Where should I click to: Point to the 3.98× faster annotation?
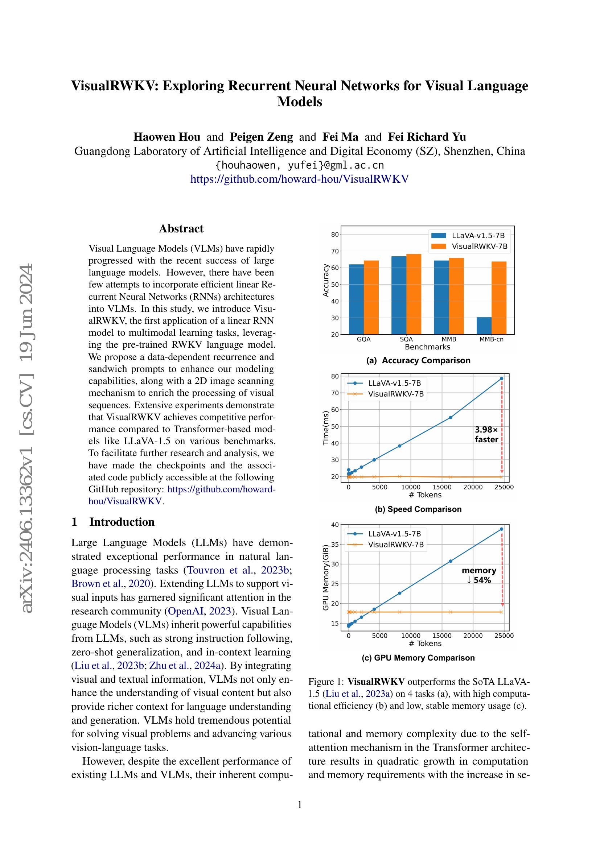coord(486,434)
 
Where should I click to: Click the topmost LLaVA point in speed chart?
coord(501,379)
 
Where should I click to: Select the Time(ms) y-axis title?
coord(325,428)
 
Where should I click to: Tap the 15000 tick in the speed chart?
coord(442,487)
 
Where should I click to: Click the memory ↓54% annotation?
coord(479,575)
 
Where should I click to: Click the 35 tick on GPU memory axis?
coord(335,545)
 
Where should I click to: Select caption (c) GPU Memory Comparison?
coord(418,658)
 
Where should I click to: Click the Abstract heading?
coord(181,229)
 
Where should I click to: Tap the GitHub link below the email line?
coord(299,179)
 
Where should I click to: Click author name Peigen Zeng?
coord(261,137)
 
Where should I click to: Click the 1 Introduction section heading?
coord(113,522)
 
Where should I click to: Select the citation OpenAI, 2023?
coord(200,611)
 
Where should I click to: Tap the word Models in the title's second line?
coord(299,102)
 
